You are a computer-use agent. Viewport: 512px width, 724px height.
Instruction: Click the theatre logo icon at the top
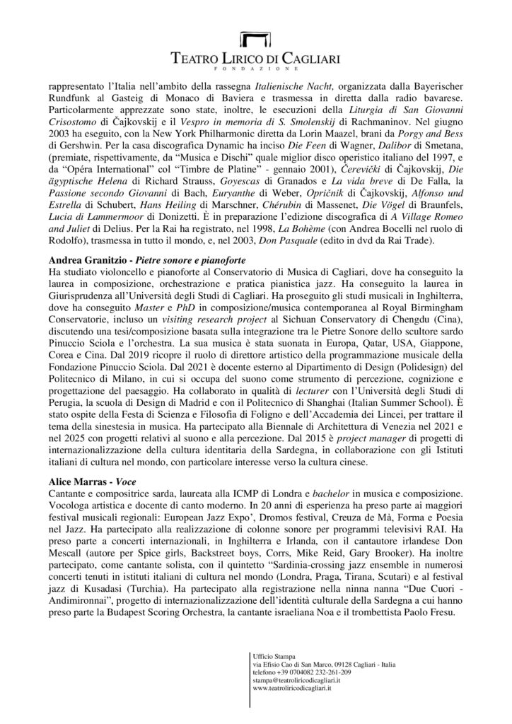pyautogui.click(x=255, y=40)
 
